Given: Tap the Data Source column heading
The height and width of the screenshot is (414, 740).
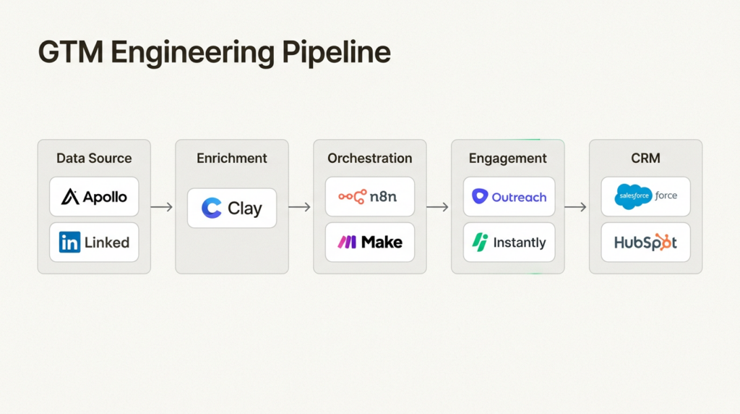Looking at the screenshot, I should tap(94, 158).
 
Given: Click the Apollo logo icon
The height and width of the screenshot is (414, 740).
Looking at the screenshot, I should tap(70, 197).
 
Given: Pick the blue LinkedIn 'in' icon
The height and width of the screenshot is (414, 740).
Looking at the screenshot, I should tap(69, 243).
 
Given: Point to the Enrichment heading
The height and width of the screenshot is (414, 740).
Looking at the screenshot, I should tap(232, 158).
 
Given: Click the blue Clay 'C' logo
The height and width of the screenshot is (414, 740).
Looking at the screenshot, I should tap(212, 208).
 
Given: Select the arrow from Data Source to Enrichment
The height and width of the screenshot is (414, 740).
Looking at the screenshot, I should tap(162, 207).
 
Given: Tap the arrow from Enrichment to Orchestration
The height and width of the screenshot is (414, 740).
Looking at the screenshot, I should tap(300, 207).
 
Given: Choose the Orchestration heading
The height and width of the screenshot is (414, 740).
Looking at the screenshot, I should tap(369, 158).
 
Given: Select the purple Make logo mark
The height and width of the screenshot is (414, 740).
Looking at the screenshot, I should tap(347, 243).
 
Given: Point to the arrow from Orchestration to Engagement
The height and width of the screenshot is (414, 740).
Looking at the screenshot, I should tap(438, 207).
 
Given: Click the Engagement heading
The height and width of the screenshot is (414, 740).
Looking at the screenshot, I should tap(507, 158).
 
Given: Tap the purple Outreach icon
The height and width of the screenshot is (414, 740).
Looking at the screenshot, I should tap(480, 197).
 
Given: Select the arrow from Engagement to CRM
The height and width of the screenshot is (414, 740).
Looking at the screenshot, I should tap(576, 207).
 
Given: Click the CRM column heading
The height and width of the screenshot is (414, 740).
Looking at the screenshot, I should tap(645, 158).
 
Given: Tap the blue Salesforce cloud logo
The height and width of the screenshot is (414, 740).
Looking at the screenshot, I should tap(634, 196).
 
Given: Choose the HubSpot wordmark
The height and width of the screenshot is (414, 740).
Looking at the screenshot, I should tap(645, 243).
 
